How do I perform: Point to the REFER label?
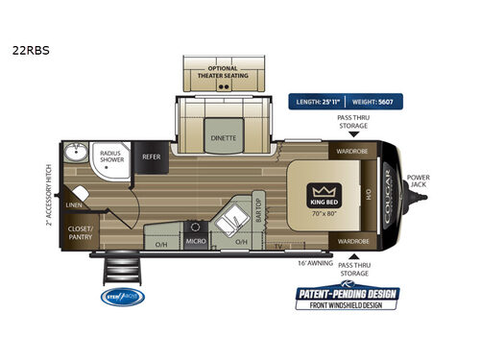pos(152,156)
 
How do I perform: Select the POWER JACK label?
pos(419,181)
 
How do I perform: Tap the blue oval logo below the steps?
pos(120,297)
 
